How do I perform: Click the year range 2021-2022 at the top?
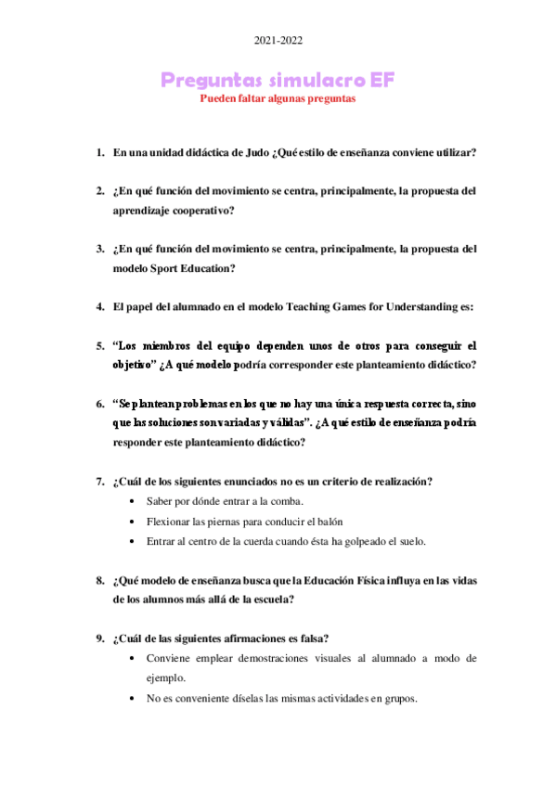pyautogui.click(x=278, y=41)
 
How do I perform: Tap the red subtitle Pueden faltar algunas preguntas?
pyautogui.click(x=278, y=98)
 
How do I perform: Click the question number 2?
pyautogui.click(x=99, y=191)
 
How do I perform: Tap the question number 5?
pyautogui.click(x=99, y=346)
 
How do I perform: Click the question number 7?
pyautogui.click(x=99, y=481)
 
